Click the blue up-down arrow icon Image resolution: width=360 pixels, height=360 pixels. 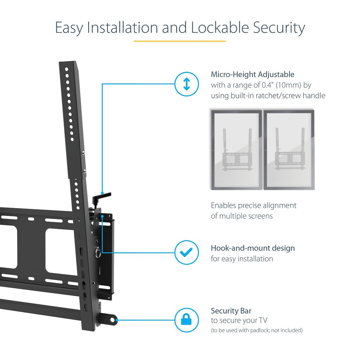(x=187, y=84)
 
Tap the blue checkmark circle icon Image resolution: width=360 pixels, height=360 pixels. (x=187, y=252)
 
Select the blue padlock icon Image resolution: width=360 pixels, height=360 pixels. (x=187, y=320)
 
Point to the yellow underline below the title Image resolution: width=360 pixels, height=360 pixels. (x=180, y=41)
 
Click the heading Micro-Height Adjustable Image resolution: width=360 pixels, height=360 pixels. (x=252, y=75)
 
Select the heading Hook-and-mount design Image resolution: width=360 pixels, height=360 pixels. (x=252, y=248)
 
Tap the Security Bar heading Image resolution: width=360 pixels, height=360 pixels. (x=231, y=311)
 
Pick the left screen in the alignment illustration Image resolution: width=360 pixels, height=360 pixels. (x=236, y=150)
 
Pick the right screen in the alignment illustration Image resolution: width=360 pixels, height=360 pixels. (x=289, y=150)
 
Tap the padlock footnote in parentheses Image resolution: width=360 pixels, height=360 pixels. (x=256, y=330)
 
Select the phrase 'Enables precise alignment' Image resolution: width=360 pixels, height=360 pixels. (x=253, y=205)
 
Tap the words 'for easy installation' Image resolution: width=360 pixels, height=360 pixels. (x=242, y=259)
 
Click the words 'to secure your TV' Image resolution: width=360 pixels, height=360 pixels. (x=239, y=321)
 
